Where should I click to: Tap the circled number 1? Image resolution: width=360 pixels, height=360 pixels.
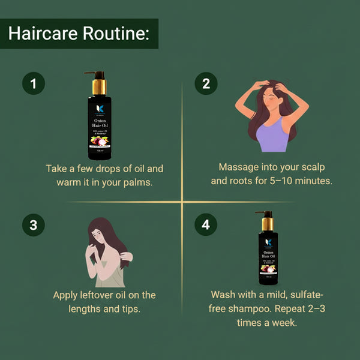pyautogui.click(x=34, y=85)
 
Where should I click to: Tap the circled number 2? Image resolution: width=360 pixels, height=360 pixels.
pyautogui.click(x=206, y=85)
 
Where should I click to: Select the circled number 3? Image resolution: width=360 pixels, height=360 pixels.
pyautogui.click(x=34, y=225)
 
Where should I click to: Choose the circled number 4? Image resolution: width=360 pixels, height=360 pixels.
pyautogui.click(x=206, y=225)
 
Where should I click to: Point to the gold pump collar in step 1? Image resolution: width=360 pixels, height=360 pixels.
pyautogui.click(x=98, y=88)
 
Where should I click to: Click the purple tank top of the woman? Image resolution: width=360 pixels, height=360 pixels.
pyautogui.click(x=274, y=137)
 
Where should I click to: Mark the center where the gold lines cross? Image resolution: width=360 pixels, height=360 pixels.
pyautogui.click(x=182, y=202)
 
